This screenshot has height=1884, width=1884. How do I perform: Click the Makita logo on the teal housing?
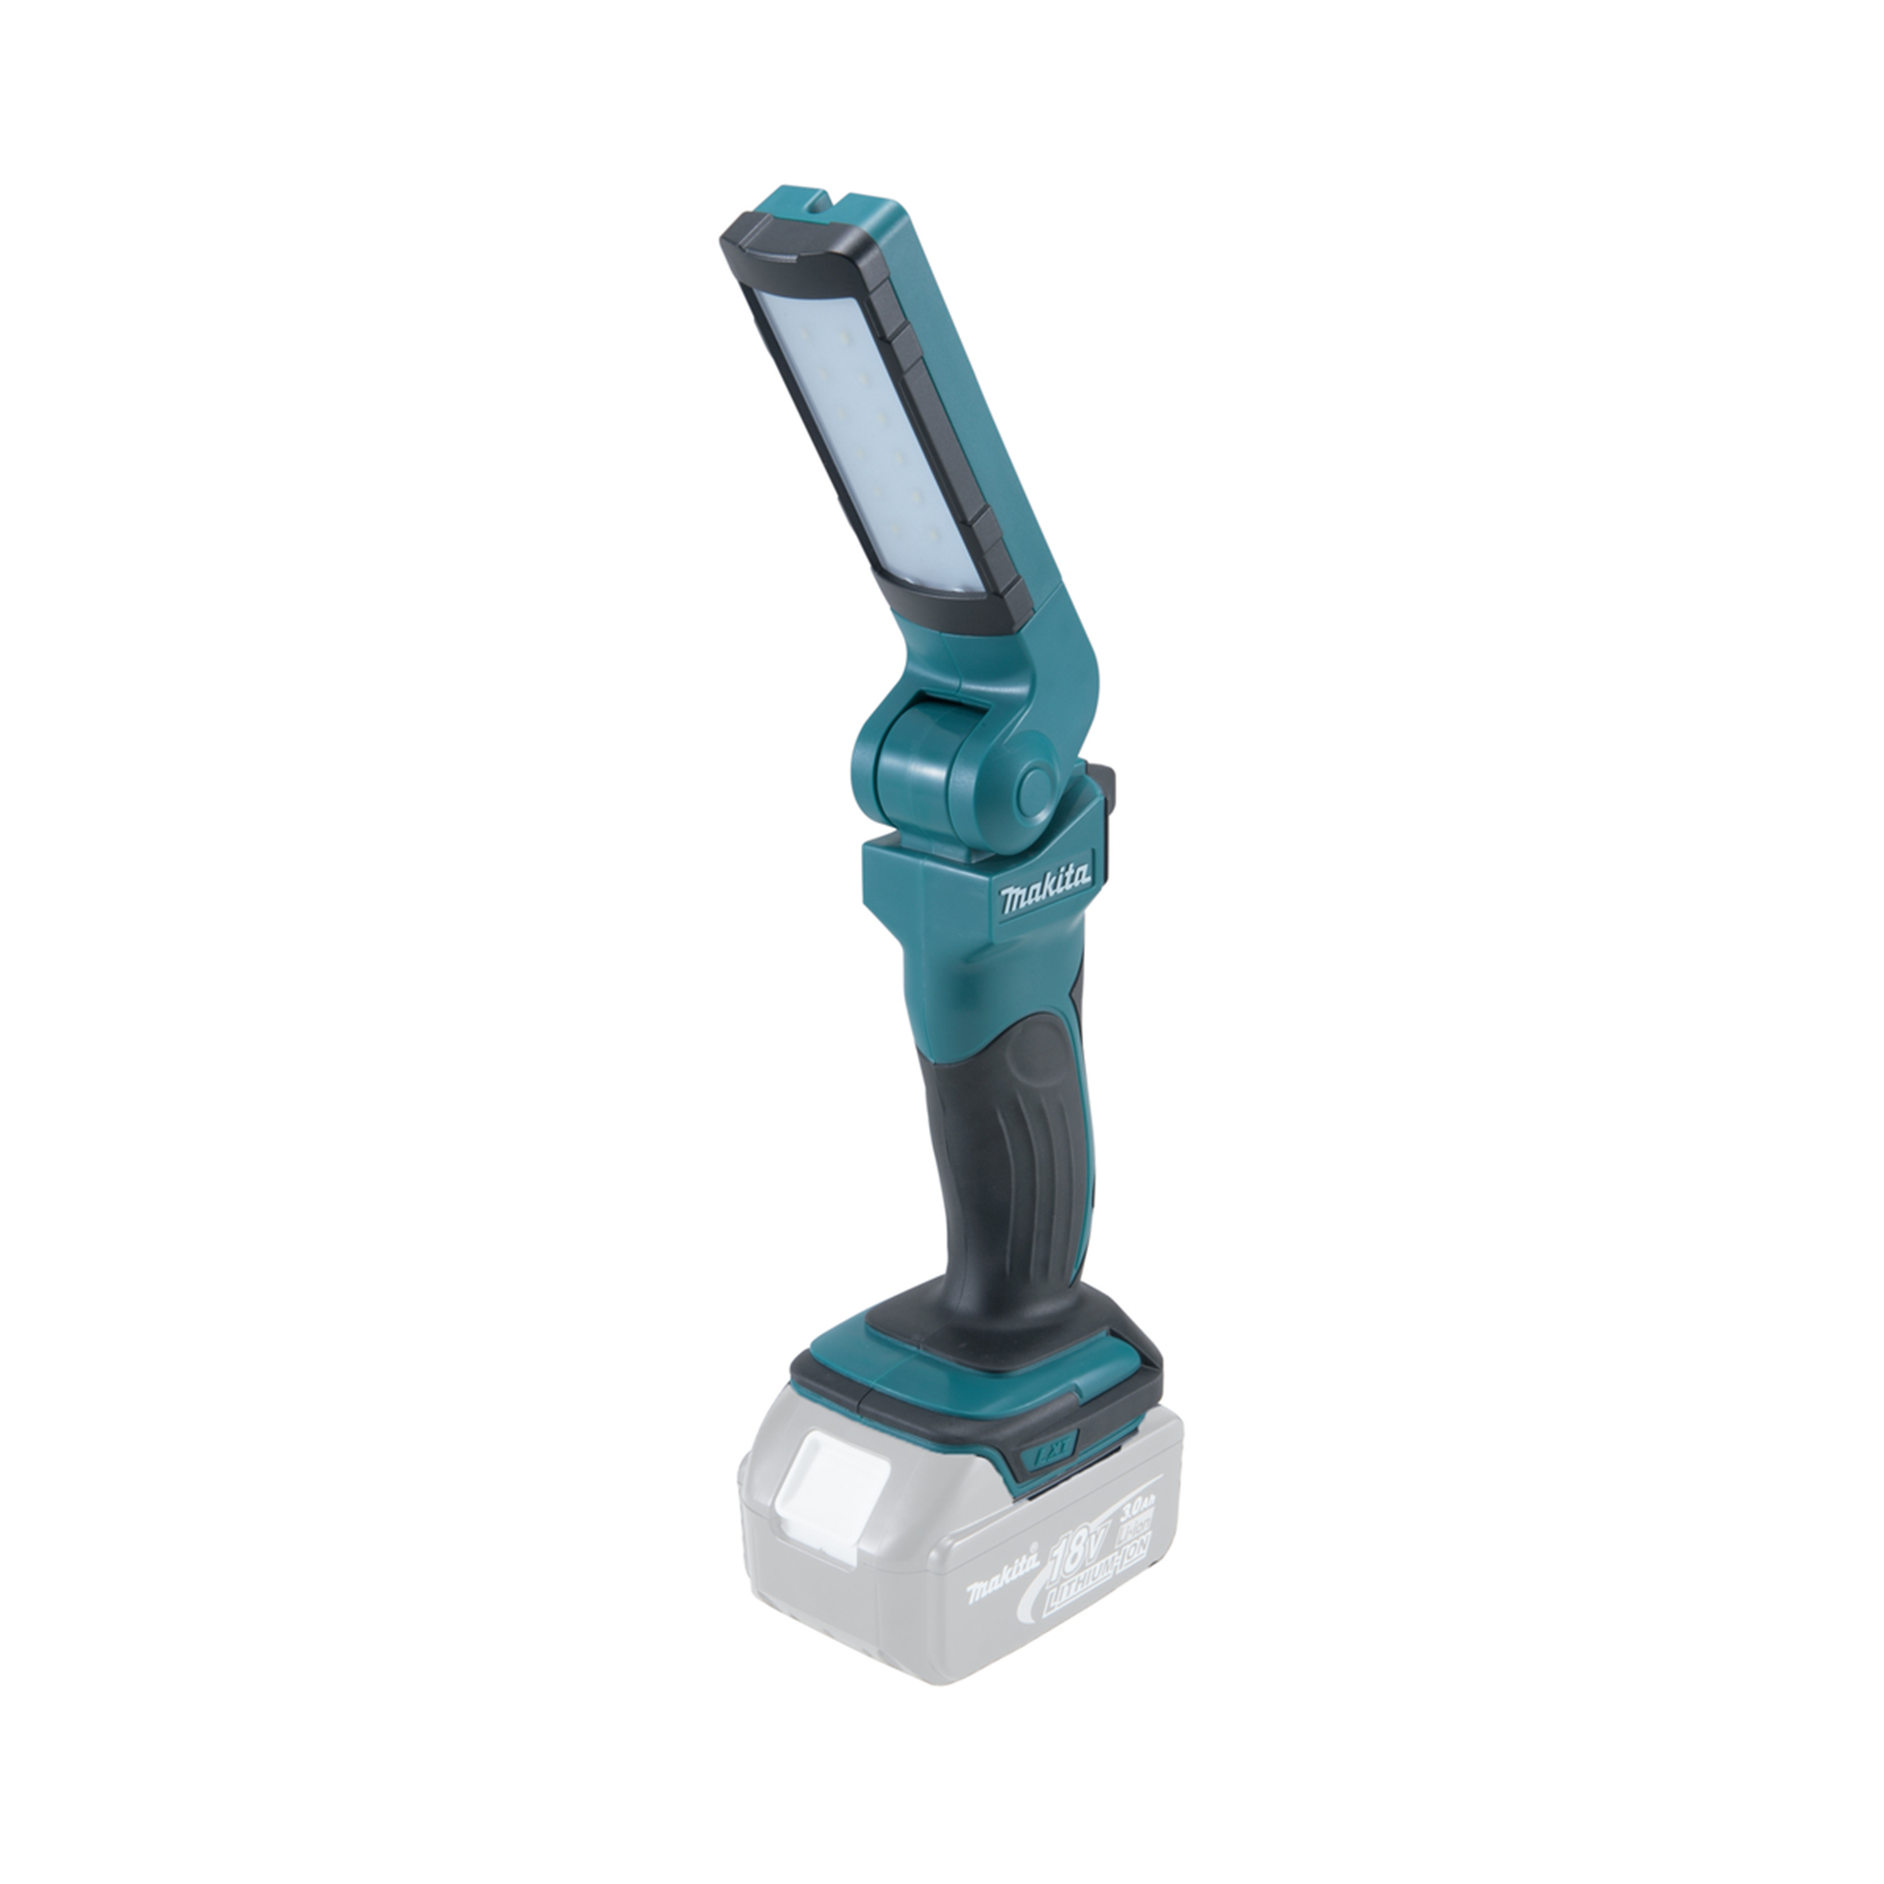click(1046, 893)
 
